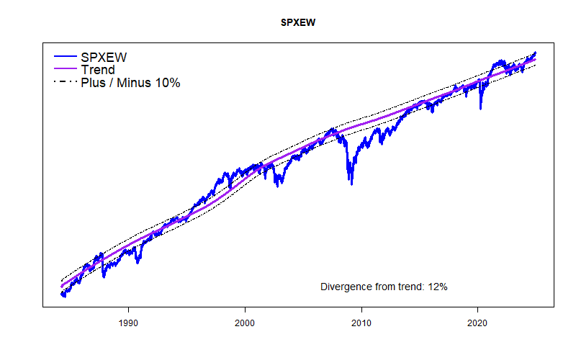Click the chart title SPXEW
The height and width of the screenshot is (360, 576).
click(298, 23)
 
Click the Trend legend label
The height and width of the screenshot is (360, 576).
click(97, 70)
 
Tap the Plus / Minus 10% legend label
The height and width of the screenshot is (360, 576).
click(130, 83)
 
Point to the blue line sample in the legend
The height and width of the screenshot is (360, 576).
click(65, 57)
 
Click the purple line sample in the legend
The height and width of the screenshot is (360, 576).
click(65, 70)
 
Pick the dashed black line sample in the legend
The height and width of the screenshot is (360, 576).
click(65, 83)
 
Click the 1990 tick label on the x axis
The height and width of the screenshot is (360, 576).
click(128, 323)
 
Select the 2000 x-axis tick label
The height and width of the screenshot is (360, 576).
click(246, 323)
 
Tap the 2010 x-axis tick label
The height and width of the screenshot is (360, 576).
click(361, 323)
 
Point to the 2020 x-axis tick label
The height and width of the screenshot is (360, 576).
click(479, 323)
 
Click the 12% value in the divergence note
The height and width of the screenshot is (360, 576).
click(438, 287)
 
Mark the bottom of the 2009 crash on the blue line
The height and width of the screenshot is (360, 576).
click(351, 184)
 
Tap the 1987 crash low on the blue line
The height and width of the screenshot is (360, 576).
click(104, 276)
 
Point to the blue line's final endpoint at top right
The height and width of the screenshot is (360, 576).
click(536, 52)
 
